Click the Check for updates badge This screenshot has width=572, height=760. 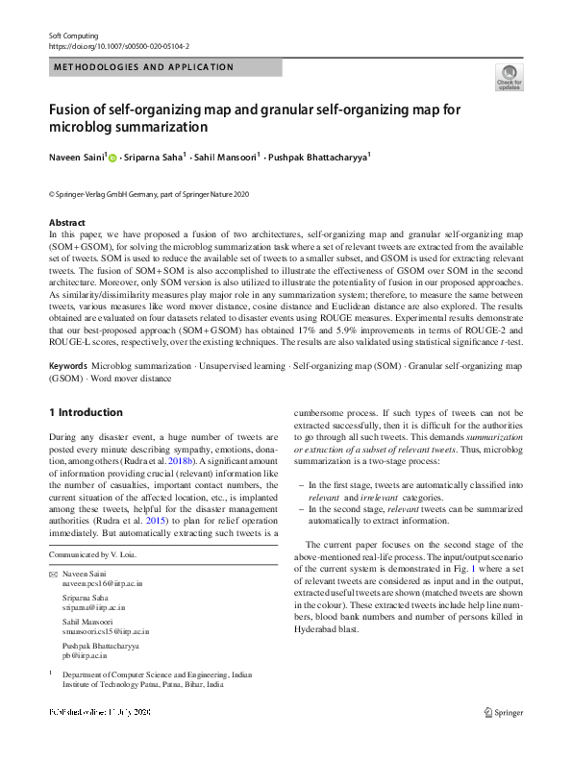pyautogui.click(x=508, y=79)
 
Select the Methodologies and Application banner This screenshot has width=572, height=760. pyautogui.click(x=143, y=67)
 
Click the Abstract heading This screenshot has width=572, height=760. pyautogui.click(x=67, y=223)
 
